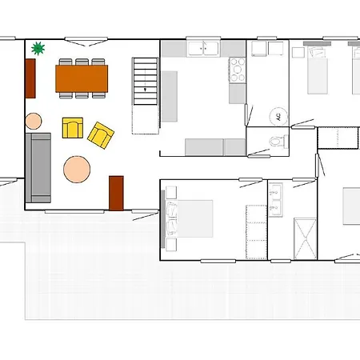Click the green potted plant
tap(38, 49)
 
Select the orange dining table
tap(82, 78)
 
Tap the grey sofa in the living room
tap(38, 168)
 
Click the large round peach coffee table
tap(77, 170)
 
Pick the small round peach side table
tap(34, 121)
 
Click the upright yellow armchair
tap(73, 128)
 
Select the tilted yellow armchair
tap(101, 135)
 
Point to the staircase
tap(146, 82)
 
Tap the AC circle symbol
tap(278, 117)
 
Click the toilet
tap(278, 142)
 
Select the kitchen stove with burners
tap(238, 70)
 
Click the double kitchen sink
tap(203, 49)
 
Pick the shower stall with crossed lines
tap(305, 238)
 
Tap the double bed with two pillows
tap(190, 218)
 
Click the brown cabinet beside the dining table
tap(30, 78)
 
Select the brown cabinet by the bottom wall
tap(116, 194)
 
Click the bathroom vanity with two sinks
tap(275, 200)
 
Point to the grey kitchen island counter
tap(170, 96)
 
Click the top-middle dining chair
tap(82, 62)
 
